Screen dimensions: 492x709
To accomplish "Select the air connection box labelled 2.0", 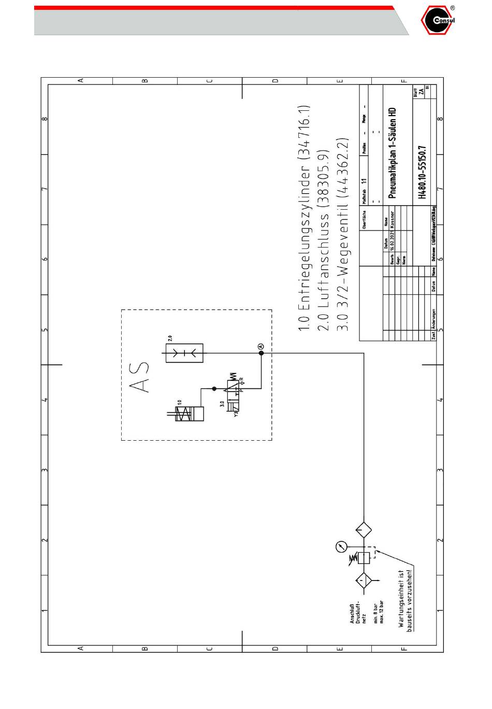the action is (184, 353).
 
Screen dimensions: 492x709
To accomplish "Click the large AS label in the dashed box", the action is (138, 377).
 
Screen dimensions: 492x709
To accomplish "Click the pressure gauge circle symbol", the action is (341, 546).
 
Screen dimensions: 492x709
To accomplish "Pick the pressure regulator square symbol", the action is (364, 557).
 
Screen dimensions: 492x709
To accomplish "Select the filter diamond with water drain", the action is (364, 580).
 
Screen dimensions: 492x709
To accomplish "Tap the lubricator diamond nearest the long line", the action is (364, 529).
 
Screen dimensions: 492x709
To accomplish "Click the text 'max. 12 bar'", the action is (382, 612).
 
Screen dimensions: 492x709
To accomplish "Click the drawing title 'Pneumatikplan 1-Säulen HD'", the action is (392, 153).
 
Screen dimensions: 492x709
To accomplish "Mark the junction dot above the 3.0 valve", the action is (213, 388).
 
